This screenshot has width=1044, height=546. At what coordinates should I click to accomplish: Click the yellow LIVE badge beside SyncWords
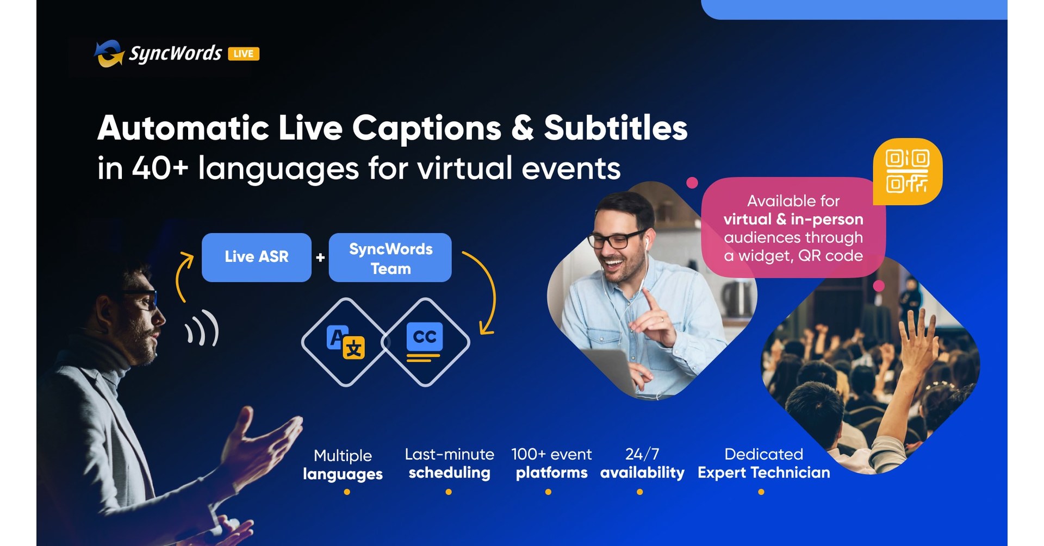coord(244,53)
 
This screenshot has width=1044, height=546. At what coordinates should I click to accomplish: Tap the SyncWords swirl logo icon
coord(109,54)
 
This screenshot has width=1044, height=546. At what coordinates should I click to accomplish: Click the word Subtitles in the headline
coord(616,128)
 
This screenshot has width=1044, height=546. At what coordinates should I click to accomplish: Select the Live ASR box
coord(257,257)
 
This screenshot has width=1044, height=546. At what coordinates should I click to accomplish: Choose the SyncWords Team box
coord(390,258)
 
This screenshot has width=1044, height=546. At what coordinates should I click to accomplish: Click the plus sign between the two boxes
coord(320,258)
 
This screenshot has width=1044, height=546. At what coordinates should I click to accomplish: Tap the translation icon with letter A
coord(345,342)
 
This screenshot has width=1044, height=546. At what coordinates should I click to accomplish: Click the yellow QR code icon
coord(908,171)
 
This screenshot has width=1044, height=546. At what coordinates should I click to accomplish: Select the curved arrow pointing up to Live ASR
coord(183,276)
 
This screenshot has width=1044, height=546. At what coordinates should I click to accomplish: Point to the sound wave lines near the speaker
coord(203,328)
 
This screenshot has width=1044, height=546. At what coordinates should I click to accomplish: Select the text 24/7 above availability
coord(642,454)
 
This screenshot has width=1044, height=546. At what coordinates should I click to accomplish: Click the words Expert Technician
coord(763,473)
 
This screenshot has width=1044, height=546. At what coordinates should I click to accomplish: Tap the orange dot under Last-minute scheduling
coord(449,492)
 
